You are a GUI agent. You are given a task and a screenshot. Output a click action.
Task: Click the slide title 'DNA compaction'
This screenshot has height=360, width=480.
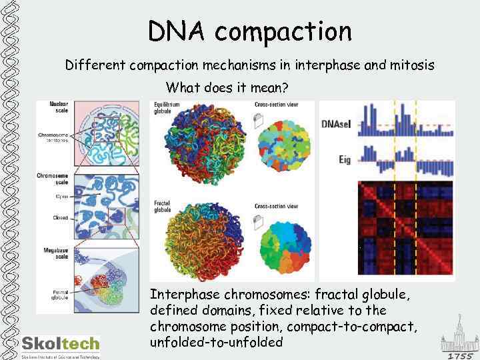[x=249, y=31]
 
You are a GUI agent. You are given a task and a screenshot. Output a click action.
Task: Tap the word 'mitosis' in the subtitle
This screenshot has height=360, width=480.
[x=411, y=65]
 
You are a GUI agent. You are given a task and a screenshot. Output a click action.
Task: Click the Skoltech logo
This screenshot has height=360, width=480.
[x=61, y=345]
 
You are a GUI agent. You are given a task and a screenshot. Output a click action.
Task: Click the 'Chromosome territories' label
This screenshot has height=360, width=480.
[x=55, y=138]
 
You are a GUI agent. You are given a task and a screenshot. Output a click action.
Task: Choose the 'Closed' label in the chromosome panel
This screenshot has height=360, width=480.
[x=59, y=217]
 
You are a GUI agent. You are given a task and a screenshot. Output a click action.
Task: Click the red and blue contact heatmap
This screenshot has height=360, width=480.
[x=405, y=227]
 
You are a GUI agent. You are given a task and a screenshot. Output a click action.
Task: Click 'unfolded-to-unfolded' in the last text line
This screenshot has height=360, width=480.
[x=217, y=343]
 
